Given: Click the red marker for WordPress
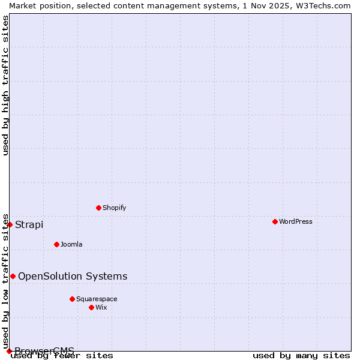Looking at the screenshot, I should coord(275,221).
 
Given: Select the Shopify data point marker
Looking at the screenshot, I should coord(98,208).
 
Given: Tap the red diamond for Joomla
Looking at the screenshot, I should coord(56,244).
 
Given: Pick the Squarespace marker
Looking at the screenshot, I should coord(72,299).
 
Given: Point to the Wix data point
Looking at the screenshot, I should coord(91,307).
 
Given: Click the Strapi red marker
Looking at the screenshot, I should coord(10,224).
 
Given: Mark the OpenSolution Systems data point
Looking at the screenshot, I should coord(13,276).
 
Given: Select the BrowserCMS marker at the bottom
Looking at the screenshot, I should coord(9,351).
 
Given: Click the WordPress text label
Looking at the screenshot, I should coord(296,221).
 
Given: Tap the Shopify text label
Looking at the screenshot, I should coord(114,208).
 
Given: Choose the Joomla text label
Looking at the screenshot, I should coord(71,244).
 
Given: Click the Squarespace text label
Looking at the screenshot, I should coord(97,299).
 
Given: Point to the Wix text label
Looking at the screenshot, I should coord(101,307).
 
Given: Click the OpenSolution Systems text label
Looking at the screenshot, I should coord(73,276).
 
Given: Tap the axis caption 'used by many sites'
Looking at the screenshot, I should coord(301,356).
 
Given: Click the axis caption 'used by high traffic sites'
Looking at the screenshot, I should coord(5,85).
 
